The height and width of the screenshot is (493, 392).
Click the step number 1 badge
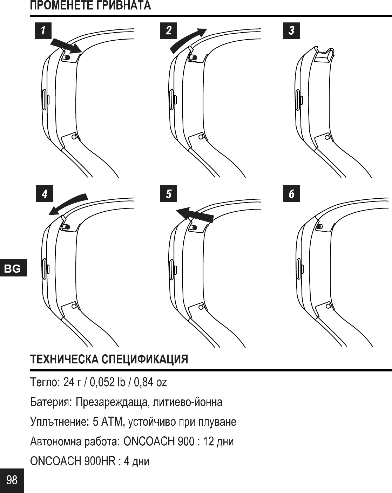click(43, 30)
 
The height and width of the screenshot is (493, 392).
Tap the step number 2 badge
click(169, 30)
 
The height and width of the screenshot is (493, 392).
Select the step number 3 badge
click(291, 30)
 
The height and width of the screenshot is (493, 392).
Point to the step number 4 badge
click(45, 194)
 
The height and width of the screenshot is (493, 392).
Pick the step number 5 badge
click(169, 194)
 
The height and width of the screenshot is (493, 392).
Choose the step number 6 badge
click(291, 194)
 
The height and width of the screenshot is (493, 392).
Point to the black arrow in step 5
click(195, 213)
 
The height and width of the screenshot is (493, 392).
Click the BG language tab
click(13, 269)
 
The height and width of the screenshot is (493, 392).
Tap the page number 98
click(12, 480)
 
